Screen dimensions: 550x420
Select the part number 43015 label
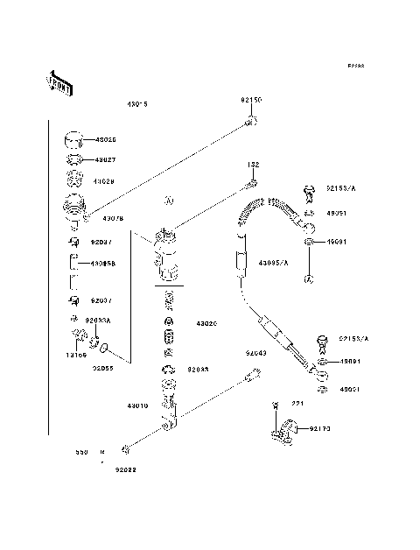tap(137, 103)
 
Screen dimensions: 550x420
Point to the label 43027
tap(104, 159)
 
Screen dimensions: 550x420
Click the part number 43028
tap(104, 181)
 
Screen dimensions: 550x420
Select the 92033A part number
tap(98, 321)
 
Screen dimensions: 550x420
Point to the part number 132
tap(253, 164)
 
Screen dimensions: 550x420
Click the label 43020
tap(205, 323)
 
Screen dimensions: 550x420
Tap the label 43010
tap(138, 406)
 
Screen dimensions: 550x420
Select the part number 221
tap(297, 404)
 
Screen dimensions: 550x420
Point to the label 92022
tap(125, 469)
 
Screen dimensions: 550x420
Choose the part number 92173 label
tap(321, 429)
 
